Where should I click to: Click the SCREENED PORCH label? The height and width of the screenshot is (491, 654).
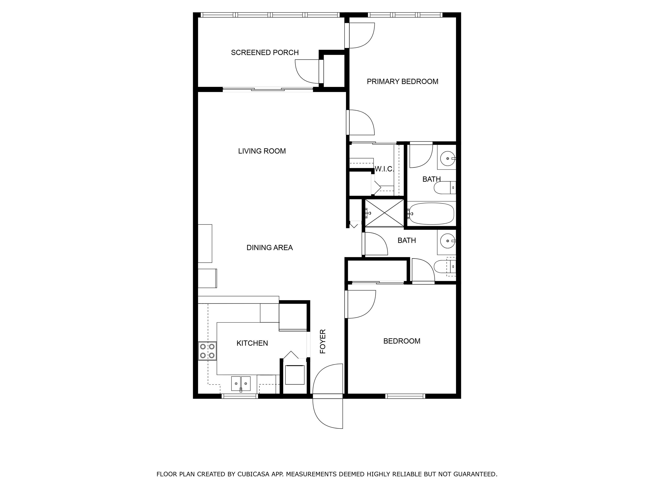(265, 53)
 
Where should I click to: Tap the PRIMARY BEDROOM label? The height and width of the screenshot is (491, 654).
(402, 82)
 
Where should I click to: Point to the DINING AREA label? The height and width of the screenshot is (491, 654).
(270, 248)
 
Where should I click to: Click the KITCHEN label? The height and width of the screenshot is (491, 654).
(252, 343)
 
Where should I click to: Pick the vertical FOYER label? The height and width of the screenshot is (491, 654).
(323, 341)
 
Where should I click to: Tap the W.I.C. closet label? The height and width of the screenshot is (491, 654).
(384, 169)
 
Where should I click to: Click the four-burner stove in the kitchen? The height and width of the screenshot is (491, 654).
(207, 351)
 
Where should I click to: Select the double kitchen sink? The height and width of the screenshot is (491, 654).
(241, 384)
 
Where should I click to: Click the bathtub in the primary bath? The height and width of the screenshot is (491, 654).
(430, 213)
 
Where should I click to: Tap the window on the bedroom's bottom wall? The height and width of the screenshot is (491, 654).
(405, 396)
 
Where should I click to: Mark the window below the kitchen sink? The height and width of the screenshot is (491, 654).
(240, 396)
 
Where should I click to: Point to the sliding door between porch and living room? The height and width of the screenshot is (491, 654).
(268, 89)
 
